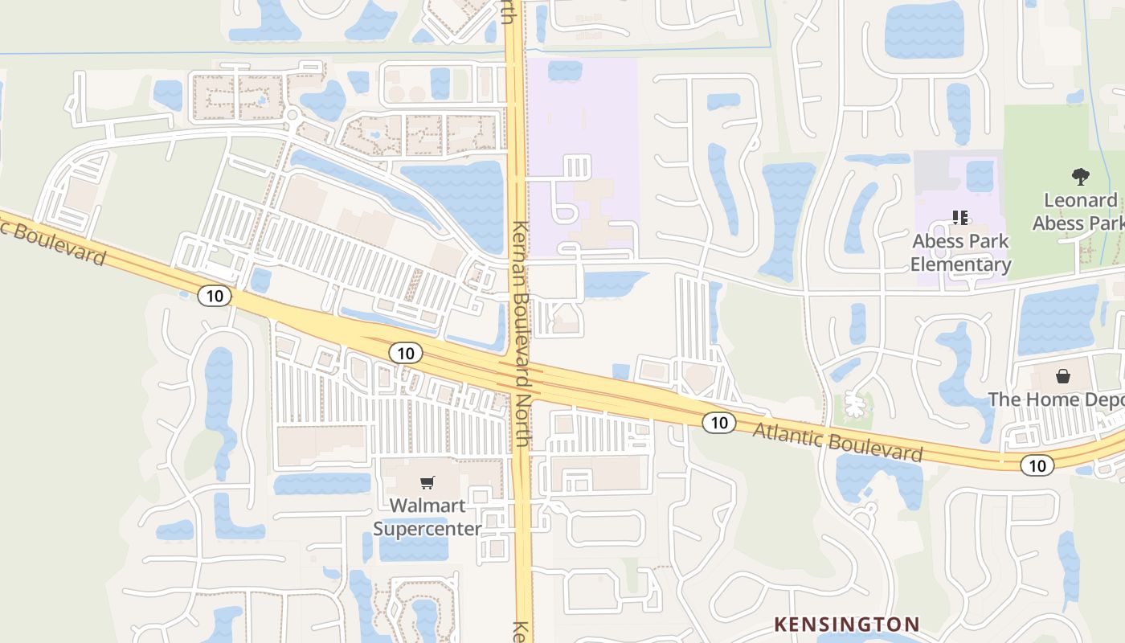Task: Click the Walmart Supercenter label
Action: [x=427, y=517]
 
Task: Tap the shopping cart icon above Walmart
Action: [x=427, y=482]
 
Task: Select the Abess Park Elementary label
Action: [x=960, y=252]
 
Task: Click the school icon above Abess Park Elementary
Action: [x=959, y=217]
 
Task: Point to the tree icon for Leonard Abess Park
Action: [x=1081, y=176]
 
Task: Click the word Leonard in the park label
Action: [x=1080, y=200]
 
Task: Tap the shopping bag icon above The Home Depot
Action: [x=1063, y=376]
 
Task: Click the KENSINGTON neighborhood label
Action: [x=846, y=624]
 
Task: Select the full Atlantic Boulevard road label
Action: [x=837, y=441]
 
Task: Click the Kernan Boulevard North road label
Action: [x=522, y=334]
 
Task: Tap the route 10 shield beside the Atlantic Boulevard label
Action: [x=718, y=422]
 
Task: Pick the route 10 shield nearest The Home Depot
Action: [x=1037, y=465]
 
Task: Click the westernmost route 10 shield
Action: [x=215, y=296]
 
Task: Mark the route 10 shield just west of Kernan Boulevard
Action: [x=405, y=352]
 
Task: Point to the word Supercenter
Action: [x=427, y=528]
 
